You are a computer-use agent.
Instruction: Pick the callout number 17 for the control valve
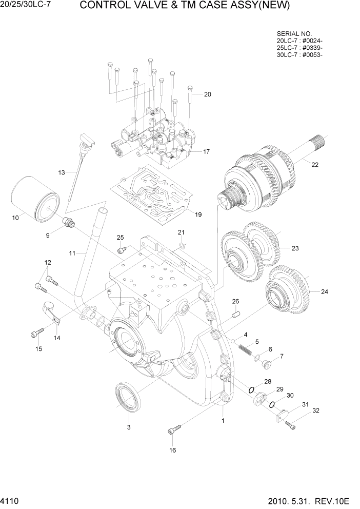click(x=207, y=152)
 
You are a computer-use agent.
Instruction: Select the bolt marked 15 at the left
click(x=36, y=334)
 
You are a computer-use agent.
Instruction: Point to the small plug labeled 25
click(x=122, y=250)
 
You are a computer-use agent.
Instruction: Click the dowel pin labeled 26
click(x=236, y=315)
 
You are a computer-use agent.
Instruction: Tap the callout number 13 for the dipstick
click(x=62, y=172)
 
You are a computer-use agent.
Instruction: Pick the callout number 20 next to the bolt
click(x=208, y=94)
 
